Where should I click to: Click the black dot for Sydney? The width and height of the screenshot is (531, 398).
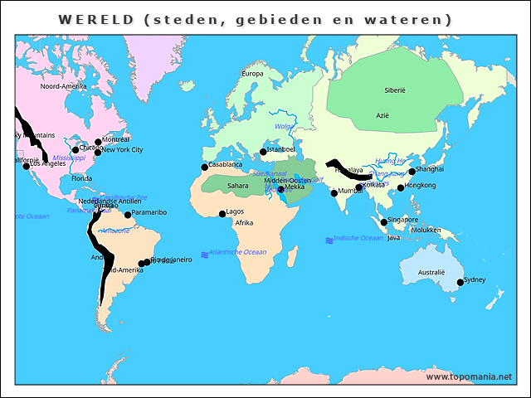point(460,283)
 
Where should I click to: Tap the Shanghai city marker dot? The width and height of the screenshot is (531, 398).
point(412,172)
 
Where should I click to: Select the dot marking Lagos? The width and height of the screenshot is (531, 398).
point(222,214)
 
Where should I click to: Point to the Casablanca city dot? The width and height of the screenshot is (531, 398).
point(204,167)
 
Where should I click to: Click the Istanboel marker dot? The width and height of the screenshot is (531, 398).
point(263,152)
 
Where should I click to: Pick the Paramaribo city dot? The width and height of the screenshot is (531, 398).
point(128,215)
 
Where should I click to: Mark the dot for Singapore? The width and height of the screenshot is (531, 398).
point(383,222)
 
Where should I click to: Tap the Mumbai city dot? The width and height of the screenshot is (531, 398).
point(334,193)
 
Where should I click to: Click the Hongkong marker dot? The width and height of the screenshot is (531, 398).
point(401,187)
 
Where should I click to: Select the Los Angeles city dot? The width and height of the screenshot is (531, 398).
point(27,166)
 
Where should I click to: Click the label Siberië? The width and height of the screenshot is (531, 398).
point(394,90)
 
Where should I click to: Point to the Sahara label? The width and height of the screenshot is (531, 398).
point(237,186)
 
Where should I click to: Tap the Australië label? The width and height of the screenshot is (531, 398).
point(431,272)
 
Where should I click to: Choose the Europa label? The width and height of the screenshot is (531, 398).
point(251,74)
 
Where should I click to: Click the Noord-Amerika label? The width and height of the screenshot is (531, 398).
point(63,86)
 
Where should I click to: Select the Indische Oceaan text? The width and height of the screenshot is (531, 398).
point(358,238)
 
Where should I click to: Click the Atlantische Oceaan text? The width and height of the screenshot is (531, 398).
point(238,252)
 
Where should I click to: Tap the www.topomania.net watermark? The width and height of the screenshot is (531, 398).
point(469,376)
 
